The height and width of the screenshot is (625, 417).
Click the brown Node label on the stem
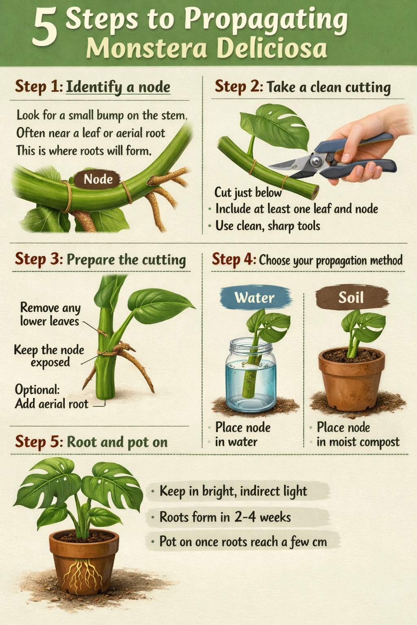pos(98,179)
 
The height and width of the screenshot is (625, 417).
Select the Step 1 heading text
pos(93,87)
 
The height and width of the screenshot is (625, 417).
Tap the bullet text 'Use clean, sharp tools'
pos(267,226)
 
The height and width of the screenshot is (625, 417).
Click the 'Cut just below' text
pos(248,192)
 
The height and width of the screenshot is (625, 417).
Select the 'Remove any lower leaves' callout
pos(50,314)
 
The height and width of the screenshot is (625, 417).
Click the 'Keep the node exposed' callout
pos(49,356)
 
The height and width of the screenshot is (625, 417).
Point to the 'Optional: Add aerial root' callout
pos(51,397)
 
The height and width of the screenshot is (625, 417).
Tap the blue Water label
pos(255,298)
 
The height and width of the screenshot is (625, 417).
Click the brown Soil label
pos(351,297)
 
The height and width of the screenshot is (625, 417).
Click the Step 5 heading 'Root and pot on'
pos(91,442)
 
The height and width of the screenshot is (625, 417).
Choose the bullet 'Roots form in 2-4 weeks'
pos(225,517)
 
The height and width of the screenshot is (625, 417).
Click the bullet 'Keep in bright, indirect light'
pos(233,491)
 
